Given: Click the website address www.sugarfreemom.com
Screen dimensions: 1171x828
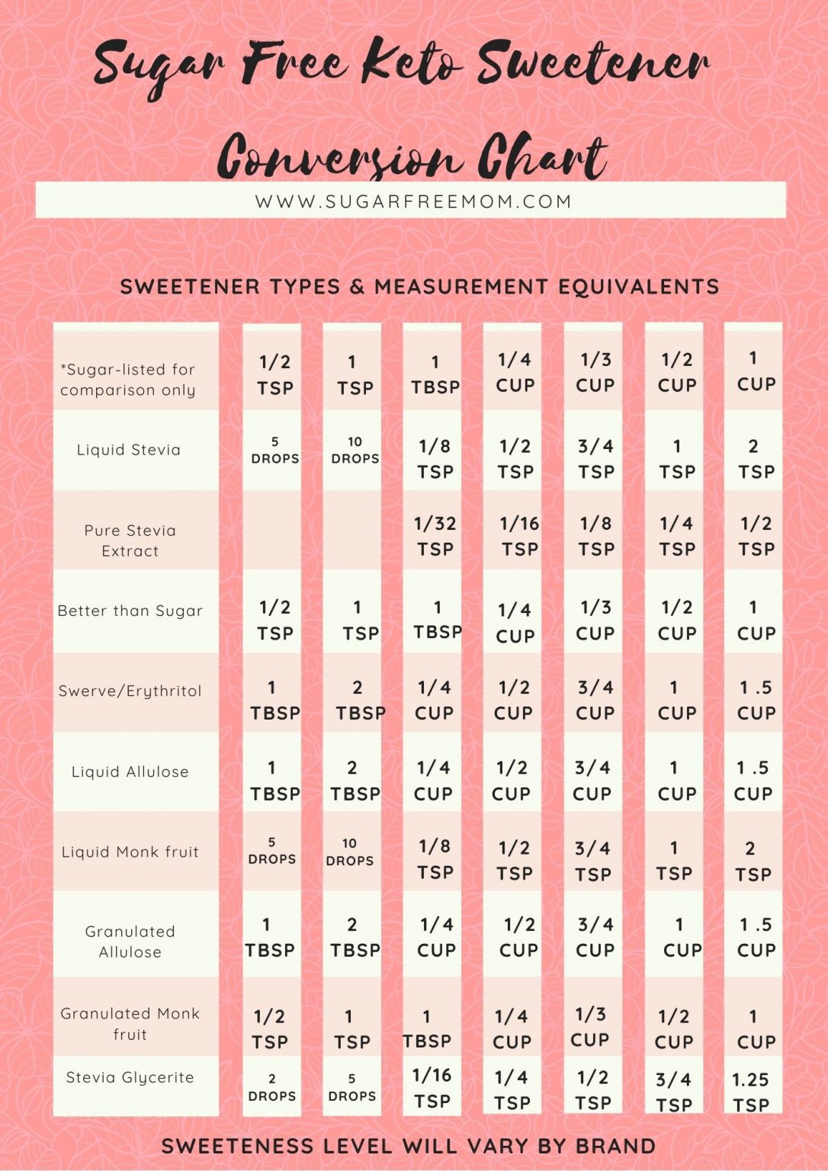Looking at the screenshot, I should [x=413, y=201].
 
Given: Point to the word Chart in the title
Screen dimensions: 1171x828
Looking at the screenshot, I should [x=542, y=156].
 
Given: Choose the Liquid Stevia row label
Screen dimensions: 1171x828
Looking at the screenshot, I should [x=129, y=450].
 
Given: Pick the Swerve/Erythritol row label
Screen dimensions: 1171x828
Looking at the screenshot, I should [x=130, y=691].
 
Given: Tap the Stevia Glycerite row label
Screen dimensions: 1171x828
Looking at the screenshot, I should [x=130, y=1077].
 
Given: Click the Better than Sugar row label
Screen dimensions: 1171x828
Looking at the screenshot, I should [x=130, y=611].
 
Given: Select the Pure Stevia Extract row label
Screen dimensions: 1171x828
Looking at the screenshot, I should [x=130, y=541].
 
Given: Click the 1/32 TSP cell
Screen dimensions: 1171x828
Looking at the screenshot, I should [x=435, y=536].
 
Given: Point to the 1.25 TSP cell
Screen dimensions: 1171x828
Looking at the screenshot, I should [x=751, y=1092].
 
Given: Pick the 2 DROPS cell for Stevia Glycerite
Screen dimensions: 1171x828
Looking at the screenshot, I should [x=272, y=1088].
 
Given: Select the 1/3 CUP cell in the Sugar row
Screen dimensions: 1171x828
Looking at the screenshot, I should [x=595, y=372].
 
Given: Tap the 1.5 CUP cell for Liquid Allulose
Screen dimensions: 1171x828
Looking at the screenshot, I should [x=753, y=781].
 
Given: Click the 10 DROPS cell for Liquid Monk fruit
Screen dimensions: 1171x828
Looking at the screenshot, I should [x=350, y=852].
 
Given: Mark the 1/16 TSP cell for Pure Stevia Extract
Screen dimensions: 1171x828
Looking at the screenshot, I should [x=519, y=536].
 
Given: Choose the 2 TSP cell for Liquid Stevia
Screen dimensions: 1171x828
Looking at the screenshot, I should [x=756, y=459].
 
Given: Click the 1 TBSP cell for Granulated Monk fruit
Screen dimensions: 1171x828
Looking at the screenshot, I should [x=427, y=1028].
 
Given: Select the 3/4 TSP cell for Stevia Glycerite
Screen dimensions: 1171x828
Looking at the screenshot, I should [x=674, y=1092].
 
